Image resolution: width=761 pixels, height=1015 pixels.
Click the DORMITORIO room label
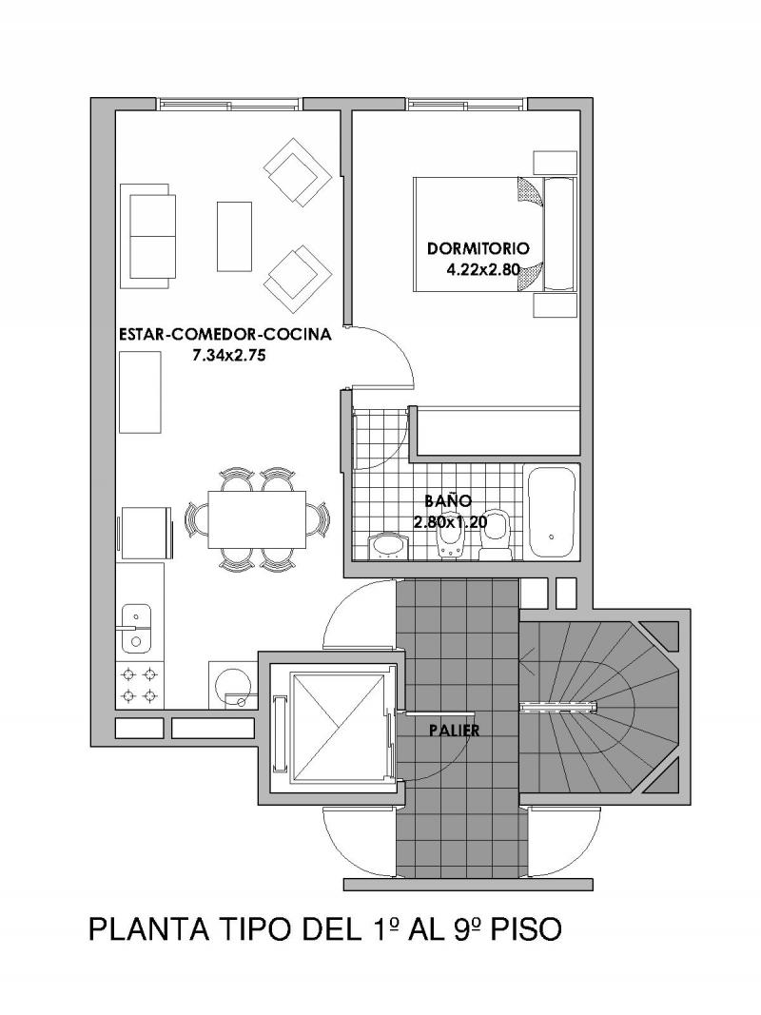(x=478, y=248)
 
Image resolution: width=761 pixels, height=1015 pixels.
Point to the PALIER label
(x=455, y=731)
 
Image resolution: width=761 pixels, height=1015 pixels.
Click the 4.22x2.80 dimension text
(x=483, y=270)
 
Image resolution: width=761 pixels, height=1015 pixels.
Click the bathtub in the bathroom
(x=552, y=512)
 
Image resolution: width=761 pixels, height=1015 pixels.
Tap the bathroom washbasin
(x=387, y=546)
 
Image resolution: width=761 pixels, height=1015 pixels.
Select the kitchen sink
(x=136, y=627)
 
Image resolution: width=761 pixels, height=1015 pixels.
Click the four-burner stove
(x=140, y=685)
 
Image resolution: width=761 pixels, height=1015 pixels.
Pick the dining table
(x=258, y=518)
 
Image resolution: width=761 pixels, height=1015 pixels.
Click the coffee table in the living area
(x=234, y=236)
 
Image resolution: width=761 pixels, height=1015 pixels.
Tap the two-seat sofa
(x=148, y=236)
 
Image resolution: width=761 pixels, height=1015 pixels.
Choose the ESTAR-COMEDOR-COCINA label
(x=225, y=335)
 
